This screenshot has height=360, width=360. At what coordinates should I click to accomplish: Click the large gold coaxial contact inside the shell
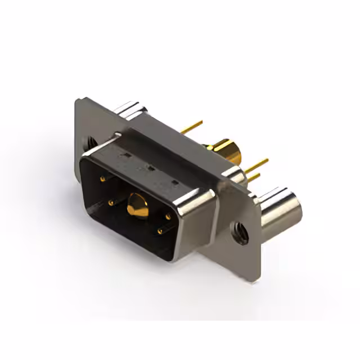click(x=135, y=205)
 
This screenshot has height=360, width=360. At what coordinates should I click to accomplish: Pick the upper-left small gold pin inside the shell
click(x=102, y=179)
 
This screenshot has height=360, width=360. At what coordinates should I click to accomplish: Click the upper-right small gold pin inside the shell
click(x=168, y=216)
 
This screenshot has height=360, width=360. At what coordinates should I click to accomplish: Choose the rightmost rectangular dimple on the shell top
click(x=175, y=182)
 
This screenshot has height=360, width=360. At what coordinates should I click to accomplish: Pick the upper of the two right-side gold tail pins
click(x=256, y=164)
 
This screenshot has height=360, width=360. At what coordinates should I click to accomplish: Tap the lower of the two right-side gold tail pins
click(x=254, y=177)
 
